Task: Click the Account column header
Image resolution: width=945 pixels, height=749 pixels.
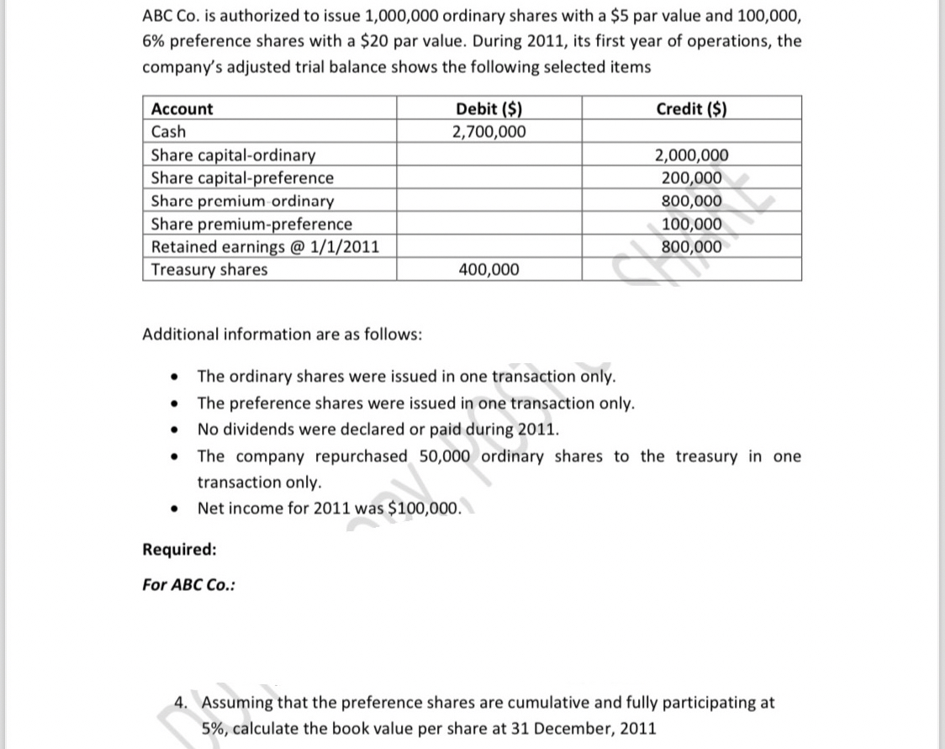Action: (182, 109)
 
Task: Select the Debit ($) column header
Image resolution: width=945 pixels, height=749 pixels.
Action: (488, 109)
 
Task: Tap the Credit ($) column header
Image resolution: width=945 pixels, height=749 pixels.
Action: (691, 109)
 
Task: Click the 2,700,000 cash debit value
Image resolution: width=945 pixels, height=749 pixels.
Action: (488, 132)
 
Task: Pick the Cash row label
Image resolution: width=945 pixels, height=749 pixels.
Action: (168, 132)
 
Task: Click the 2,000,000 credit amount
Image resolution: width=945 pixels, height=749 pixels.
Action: (691, 156)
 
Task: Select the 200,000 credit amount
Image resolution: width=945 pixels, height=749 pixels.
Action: (691, 178)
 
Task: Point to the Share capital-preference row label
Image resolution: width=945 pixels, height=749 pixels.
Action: (242, 178)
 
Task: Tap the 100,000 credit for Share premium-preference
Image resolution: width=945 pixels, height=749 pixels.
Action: (691, 224)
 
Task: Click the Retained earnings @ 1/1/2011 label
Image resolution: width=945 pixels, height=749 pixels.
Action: (264, 247)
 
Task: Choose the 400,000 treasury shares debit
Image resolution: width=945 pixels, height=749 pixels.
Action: (488, 270)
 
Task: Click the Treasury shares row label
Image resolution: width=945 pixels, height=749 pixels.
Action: (209, 270)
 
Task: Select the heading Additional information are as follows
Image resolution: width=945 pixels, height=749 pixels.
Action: (282, 335)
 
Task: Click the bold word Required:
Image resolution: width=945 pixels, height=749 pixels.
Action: (179, 550)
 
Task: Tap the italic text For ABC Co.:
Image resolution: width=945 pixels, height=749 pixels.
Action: (188, 586)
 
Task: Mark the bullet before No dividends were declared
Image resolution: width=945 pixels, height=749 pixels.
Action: (172, 430)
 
